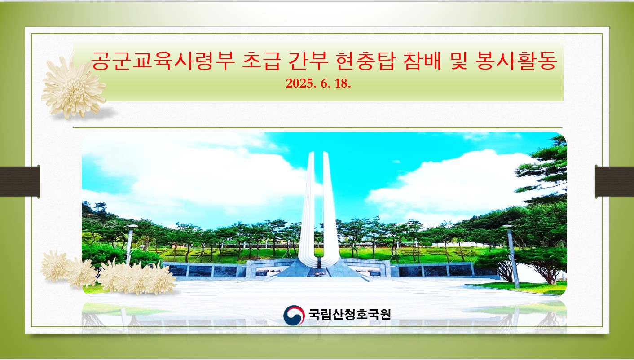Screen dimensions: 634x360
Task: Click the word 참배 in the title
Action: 422,61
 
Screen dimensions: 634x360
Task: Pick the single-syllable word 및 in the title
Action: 458,61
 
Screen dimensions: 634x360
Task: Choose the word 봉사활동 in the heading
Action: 516,61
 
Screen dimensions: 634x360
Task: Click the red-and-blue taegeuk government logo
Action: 294,315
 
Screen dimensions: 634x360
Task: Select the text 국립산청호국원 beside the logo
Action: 349,314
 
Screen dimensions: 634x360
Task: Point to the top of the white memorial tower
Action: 318,153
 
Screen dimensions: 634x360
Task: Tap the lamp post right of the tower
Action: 512,256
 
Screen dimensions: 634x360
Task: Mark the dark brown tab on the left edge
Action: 19,181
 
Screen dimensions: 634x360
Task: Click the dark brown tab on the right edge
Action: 615,181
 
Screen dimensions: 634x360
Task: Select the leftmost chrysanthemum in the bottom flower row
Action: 55,266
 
